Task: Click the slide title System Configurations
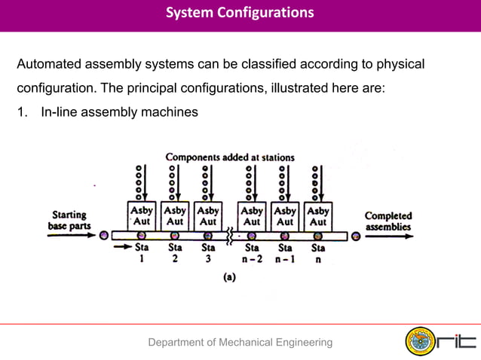(x=240, y=13)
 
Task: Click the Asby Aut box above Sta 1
(x=141, y=215)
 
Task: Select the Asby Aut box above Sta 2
(x=175, y=215)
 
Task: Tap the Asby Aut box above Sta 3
(x=208, y=215)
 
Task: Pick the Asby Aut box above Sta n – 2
(x=252, y=215)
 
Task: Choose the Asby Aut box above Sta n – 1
(x=285, y=215)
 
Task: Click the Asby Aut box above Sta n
(x=318, y=215)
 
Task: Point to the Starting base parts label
(x=67, y=220)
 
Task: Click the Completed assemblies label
(x=388, y=220)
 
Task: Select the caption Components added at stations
(x=230, y=157)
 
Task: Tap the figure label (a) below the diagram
(x=228, y=276)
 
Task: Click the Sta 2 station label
(x=175, y=252)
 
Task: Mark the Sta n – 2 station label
(x=252, y=252)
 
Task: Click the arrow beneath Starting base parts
(x=69, y=235)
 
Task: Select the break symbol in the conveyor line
(x=228, y=236)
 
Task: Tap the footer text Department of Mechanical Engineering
(x=240, y=343)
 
